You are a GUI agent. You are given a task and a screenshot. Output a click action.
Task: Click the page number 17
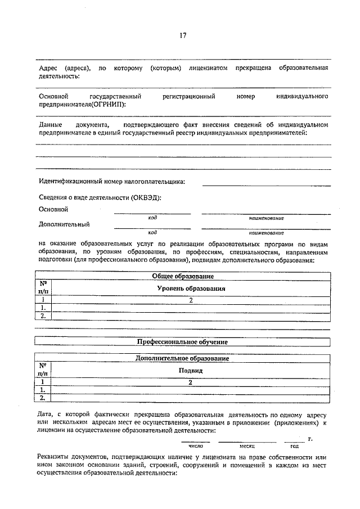(183, 35)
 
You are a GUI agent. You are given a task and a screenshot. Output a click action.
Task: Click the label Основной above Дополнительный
(53, 209)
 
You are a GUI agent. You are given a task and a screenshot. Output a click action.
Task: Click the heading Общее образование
(183, 276)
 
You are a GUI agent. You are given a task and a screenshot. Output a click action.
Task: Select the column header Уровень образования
(191, 288)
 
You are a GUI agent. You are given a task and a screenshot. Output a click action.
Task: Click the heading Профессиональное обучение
(183, 341)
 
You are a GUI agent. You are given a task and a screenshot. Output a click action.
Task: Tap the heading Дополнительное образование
(183, 358)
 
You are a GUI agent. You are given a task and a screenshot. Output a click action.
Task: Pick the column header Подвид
(191, 371)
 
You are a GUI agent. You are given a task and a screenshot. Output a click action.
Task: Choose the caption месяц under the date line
(247, 445)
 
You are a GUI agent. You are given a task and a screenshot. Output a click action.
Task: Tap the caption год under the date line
(294, 445)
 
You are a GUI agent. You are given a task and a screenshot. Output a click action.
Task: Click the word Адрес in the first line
(48, 67)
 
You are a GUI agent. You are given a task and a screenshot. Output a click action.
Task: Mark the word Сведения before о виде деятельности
(54, 198)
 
